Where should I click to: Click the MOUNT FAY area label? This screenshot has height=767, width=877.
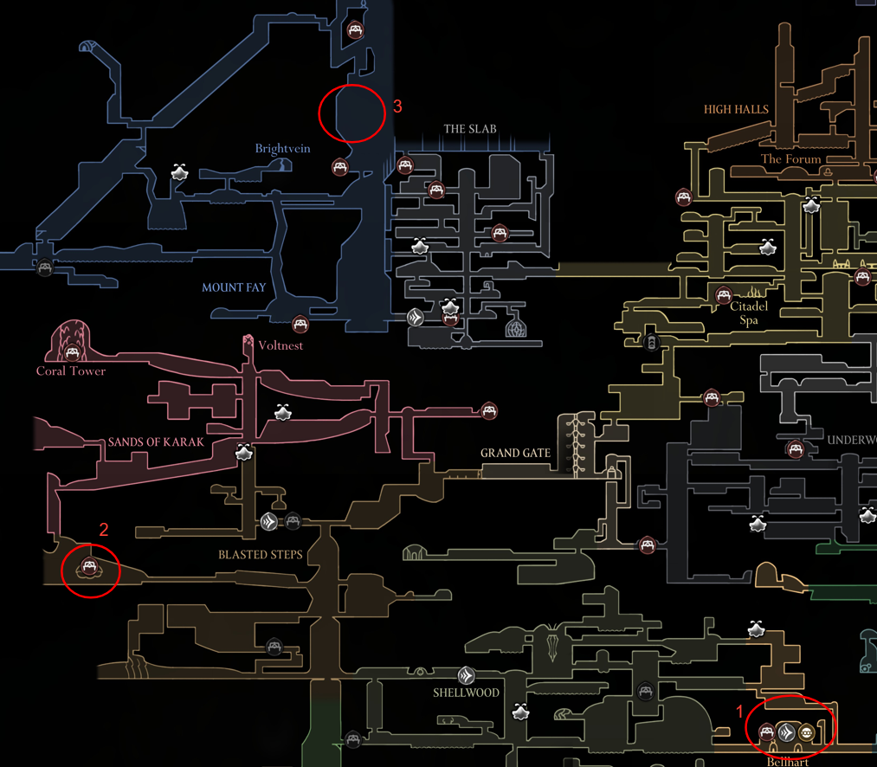pos(234,287)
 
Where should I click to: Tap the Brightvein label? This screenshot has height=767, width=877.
pos(282,149)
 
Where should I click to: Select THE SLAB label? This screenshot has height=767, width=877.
pos(470,129)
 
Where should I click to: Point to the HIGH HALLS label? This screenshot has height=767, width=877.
pos(736,110)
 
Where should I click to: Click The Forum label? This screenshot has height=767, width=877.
pos(790,159)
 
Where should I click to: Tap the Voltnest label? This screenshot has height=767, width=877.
pos(281,345)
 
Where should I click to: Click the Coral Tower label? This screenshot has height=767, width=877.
pos(71,371)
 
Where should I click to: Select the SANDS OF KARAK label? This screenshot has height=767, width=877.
pos(156,442)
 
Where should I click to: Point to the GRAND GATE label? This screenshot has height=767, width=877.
pos(516,453)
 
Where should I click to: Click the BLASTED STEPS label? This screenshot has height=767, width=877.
pos(261,554)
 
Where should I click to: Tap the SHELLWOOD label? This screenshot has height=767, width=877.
pos(467,693)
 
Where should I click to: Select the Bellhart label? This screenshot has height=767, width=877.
pos(787,762)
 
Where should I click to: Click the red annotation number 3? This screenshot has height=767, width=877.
pos(397,106)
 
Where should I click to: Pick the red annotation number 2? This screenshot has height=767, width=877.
pos(104,530)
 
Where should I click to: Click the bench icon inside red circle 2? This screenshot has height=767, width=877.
pos(87,568)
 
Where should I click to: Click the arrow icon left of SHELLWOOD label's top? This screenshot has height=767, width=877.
pos(467,675)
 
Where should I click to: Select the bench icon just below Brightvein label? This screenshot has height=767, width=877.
pos(340,167)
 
